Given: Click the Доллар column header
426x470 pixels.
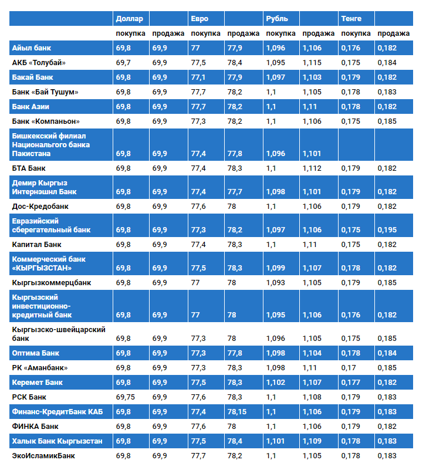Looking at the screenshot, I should pyautogui.click(x=129, y=19).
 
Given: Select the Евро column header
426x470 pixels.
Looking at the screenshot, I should pyautogui.click(x=200, y=19).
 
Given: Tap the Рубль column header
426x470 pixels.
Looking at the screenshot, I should pyautogui.click(x=277, y=19).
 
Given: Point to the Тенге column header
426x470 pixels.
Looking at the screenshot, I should pyautogui.click(x=351, y=19).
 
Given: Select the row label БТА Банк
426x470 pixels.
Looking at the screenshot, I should pyautogui.click(x=29, y=168).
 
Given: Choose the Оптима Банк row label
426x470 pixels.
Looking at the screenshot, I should pyautogui.click(x=35, y=353).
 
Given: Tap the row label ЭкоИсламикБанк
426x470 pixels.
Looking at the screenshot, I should pyautogui.click(x=43, y=455).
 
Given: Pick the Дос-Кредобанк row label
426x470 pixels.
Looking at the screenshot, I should pyautogui.click(x=40, y=207).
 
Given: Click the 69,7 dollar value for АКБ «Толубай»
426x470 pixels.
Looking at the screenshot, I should pyautogui.click(x=123, y=62).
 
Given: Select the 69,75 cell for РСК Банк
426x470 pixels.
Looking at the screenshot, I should pyautogui.click(x=126, y=397).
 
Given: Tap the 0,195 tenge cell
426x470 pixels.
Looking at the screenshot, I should pyautogui.click(x=387, y=230).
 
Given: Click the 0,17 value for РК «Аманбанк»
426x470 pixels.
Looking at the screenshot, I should pyautogui.click(x=349, y=368).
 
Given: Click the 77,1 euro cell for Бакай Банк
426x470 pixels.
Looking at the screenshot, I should pyautogui.click(x=198, y=77).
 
